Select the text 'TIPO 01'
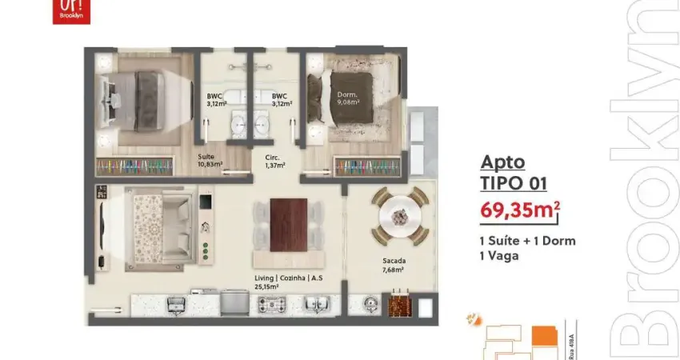click(514, 182)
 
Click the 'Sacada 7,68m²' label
click(394, 265)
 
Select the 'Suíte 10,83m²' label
click(210, 161)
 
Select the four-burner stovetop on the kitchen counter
click(272, 304)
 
